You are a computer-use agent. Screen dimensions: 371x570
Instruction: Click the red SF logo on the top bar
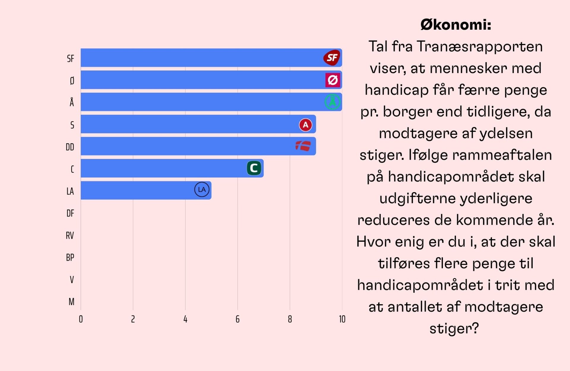click(332, 58)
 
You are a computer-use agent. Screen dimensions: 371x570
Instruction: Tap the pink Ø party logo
click(332, 80)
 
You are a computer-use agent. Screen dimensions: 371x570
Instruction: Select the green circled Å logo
click(332, 102)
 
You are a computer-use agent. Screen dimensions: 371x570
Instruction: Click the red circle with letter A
click(305, 125)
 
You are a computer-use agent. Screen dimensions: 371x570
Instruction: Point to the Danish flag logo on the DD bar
click(303, 146)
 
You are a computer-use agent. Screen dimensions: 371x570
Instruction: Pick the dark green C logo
click(254, 168)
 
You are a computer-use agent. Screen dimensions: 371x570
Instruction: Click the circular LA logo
click(202, 190)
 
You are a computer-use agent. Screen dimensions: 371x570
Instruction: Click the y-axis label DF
click(70, 213)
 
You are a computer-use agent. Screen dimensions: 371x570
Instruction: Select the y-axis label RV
click(70, 236)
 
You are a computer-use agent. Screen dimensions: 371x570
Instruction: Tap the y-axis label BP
click(70, 257)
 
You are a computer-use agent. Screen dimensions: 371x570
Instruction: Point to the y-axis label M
click(72, 302)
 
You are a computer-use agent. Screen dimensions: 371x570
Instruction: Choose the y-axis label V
click(72, 280)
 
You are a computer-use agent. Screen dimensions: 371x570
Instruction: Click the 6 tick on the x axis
click(237, 319)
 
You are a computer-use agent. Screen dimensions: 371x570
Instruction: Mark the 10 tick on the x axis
click(342, 319)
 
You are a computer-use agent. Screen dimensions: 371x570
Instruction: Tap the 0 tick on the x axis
click(81, 319)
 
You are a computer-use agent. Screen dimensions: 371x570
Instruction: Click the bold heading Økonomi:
click(456, 25)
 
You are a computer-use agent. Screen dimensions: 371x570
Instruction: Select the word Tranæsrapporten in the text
click(480, 47)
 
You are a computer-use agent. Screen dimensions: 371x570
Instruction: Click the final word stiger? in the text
click(454, 329)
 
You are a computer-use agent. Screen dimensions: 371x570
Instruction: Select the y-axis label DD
click(70, 147)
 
